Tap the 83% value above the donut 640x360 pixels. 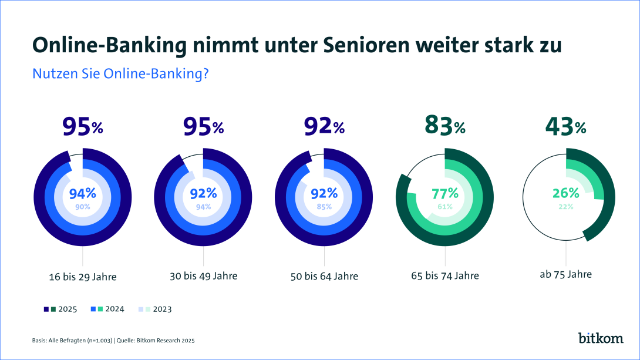444,126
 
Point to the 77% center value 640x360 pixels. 444,193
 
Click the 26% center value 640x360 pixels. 565,193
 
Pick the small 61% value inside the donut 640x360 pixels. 444,207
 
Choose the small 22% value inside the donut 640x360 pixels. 565,207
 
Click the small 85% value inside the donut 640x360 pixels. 324,207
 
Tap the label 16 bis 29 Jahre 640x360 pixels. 82,276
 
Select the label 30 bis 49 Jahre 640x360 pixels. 203,276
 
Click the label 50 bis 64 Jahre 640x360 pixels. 324,276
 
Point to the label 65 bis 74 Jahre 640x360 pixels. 445,276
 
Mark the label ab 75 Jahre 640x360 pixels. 566,274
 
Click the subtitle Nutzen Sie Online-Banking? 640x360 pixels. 121,74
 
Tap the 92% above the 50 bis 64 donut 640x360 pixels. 324,126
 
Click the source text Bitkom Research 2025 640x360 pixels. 166,340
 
